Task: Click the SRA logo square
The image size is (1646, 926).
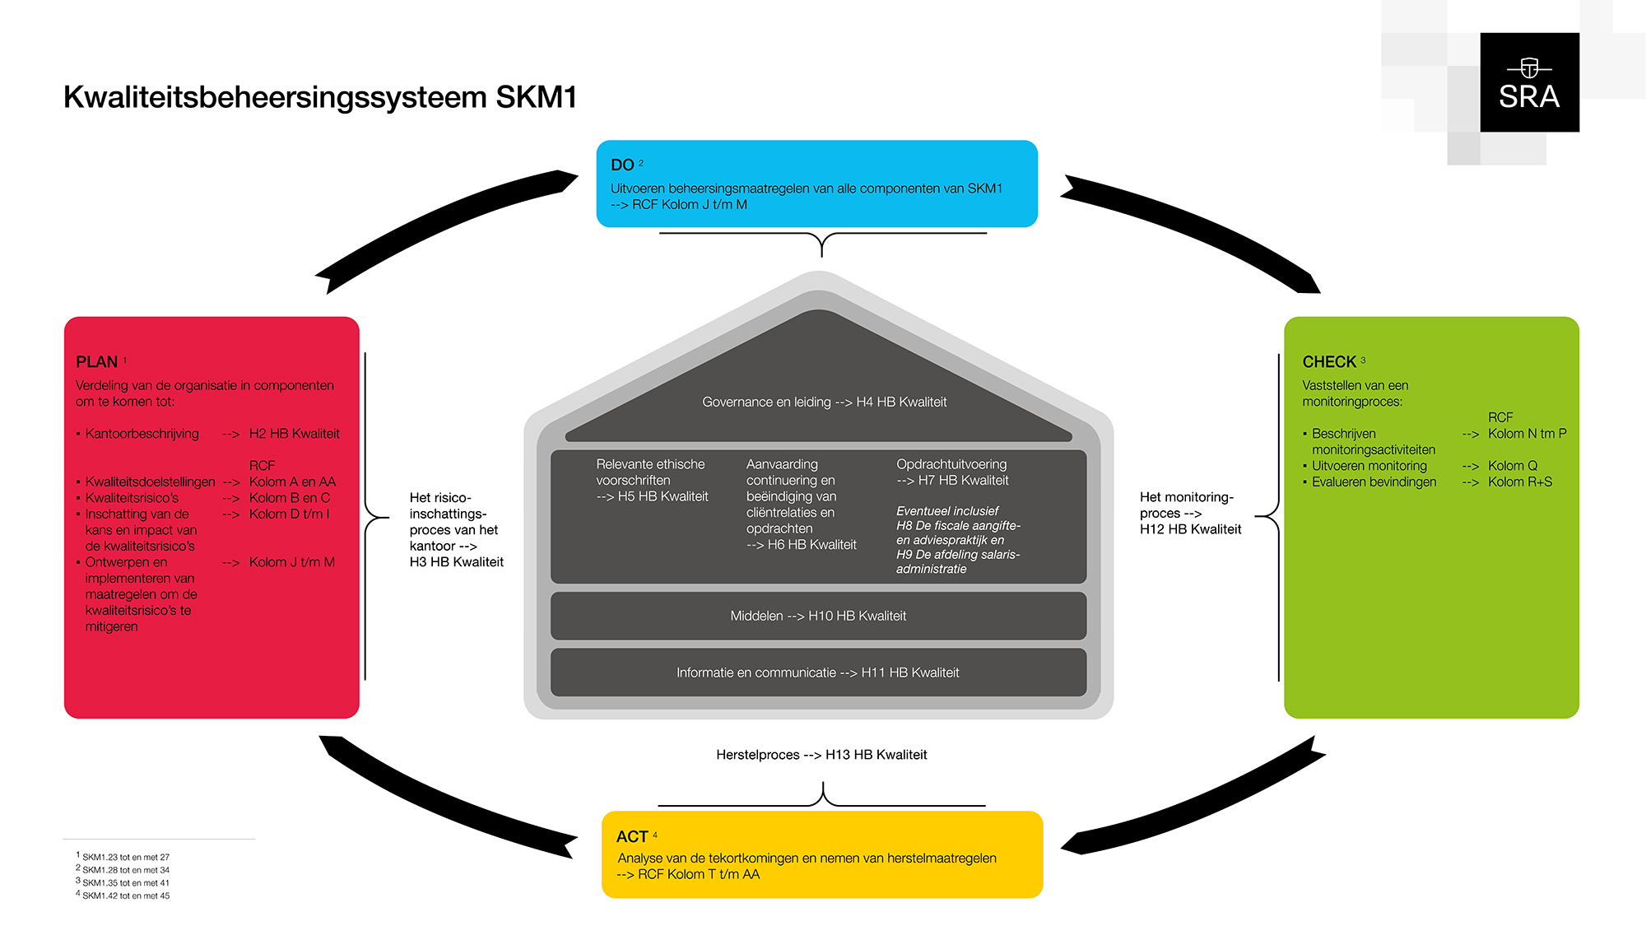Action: coord(1529,82)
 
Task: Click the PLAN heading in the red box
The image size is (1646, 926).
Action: coord(97,362)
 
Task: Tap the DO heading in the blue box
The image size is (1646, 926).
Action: coord(622,165)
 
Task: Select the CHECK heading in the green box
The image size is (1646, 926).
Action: coord(1328,362)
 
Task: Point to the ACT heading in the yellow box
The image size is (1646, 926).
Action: coord(632,837)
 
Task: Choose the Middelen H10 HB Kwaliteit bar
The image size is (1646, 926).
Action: coord(818,616)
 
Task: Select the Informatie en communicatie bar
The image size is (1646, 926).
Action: coord(818,672)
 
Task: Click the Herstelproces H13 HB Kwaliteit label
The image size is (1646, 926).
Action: coord(821,755)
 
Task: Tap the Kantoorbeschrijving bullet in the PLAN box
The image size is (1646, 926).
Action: coord(142,434)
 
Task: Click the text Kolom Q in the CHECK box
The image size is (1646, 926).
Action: coord(1512,466)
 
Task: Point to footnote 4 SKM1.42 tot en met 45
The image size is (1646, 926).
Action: coord(125,896)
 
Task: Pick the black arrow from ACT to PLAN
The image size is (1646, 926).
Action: coord(444,798)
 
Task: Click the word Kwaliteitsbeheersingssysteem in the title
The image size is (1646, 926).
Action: coord(275,97)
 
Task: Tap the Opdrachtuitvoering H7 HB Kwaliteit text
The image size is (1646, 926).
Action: coord(952,472)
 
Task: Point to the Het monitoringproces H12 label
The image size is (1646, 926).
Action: coord(1189,513)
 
